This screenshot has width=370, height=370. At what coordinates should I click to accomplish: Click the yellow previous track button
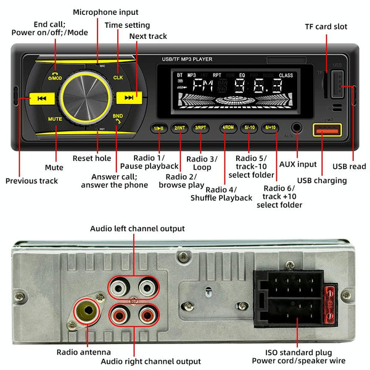pos(41,98)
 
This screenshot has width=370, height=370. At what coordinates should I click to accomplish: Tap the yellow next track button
pos(129,97)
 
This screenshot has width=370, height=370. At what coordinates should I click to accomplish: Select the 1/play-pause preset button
pos(158,128)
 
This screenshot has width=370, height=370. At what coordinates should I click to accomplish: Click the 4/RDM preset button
pos(228,128)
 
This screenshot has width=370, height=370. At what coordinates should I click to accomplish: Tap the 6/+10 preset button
pos(269,128)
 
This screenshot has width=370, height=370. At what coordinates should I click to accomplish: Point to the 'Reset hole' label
pos(92,158)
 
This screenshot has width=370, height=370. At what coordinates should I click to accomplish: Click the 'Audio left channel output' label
pos(138,229)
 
